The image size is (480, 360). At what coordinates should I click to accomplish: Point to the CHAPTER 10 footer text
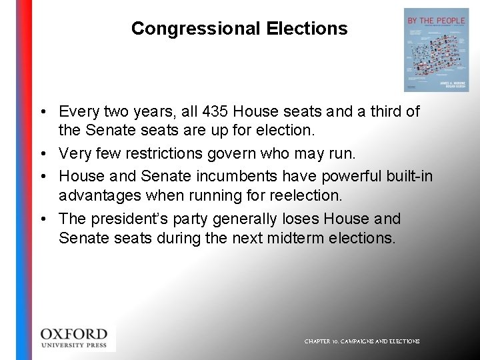click(x=362, y=341)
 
